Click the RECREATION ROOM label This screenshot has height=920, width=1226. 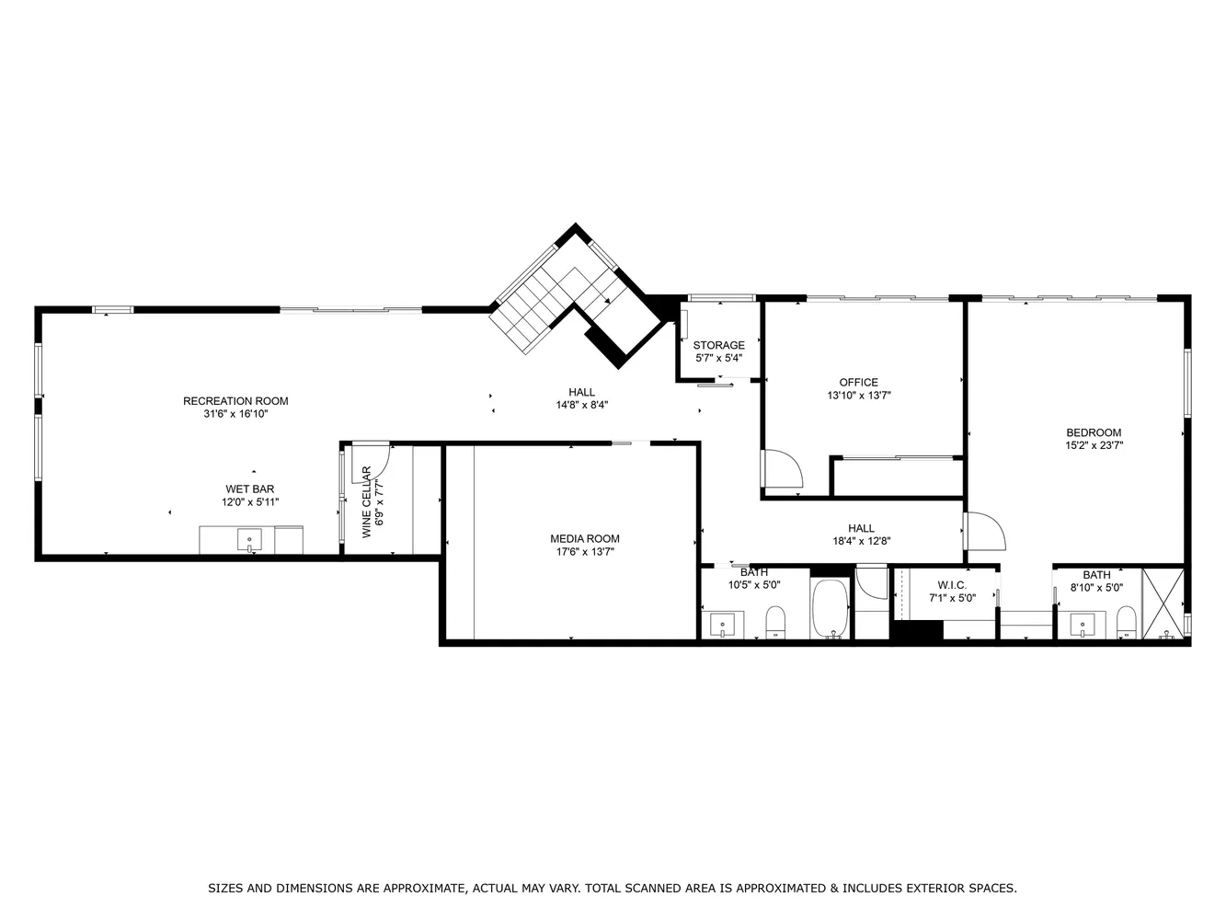(x=235, y=401)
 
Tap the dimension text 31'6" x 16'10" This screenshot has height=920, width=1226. (x=235, y=414)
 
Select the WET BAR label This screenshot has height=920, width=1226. (x=249, y=489)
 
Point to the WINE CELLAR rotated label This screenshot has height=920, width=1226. (x=367, y=501)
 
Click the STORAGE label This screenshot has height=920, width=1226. (x=718, y=346)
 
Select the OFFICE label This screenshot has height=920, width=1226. (x=858, y=383)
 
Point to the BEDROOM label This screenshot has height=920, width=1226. (x=1094, y=433)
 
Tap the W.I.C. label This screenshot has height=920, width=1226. (x=951, y=585)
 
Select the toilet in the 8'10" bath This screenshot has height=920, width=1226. (x=1126, y=623)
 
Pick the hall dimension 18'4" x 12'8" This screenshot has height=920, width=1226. (x=861, y=542)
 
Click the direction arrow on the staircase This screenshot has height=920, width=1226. (x=606, y=300)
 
